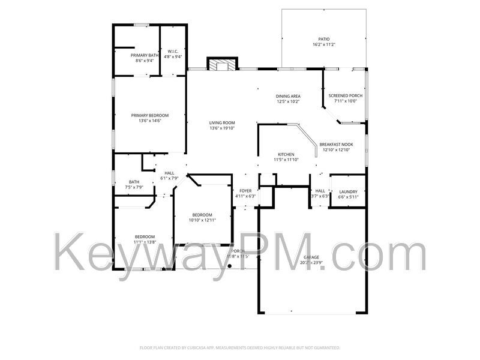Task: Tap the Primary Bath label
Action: tap(145, 55)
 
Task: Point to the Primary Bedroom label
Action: tap(150, 115)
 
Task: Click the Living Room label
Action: tap(222, 122)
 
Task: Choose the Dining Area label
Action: tap(288, 96)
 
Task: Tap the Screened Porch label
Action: tap(345, 95)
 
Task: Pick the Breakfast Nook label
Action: tap(336, 145)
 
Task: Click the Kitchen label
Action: tap(286, 155)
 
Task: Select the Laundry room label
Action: tap(348, 191)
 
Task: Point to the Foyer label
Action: tap(245, 191)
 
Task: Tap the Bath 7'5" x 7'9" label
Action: tap(134, 182)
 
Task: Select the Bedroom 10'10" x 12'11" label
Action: tap(202, 215)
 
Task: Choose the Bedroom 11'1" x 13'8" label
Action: tap(145, 236)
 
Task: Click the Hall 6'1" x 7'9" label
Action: tap(169, 173)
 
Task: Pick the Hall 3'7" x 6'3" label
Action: tap(320, 191)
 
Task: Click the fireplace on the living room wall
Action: tap(222, 64)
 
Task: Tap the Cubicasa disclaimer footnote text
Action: tap(240, 347)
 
